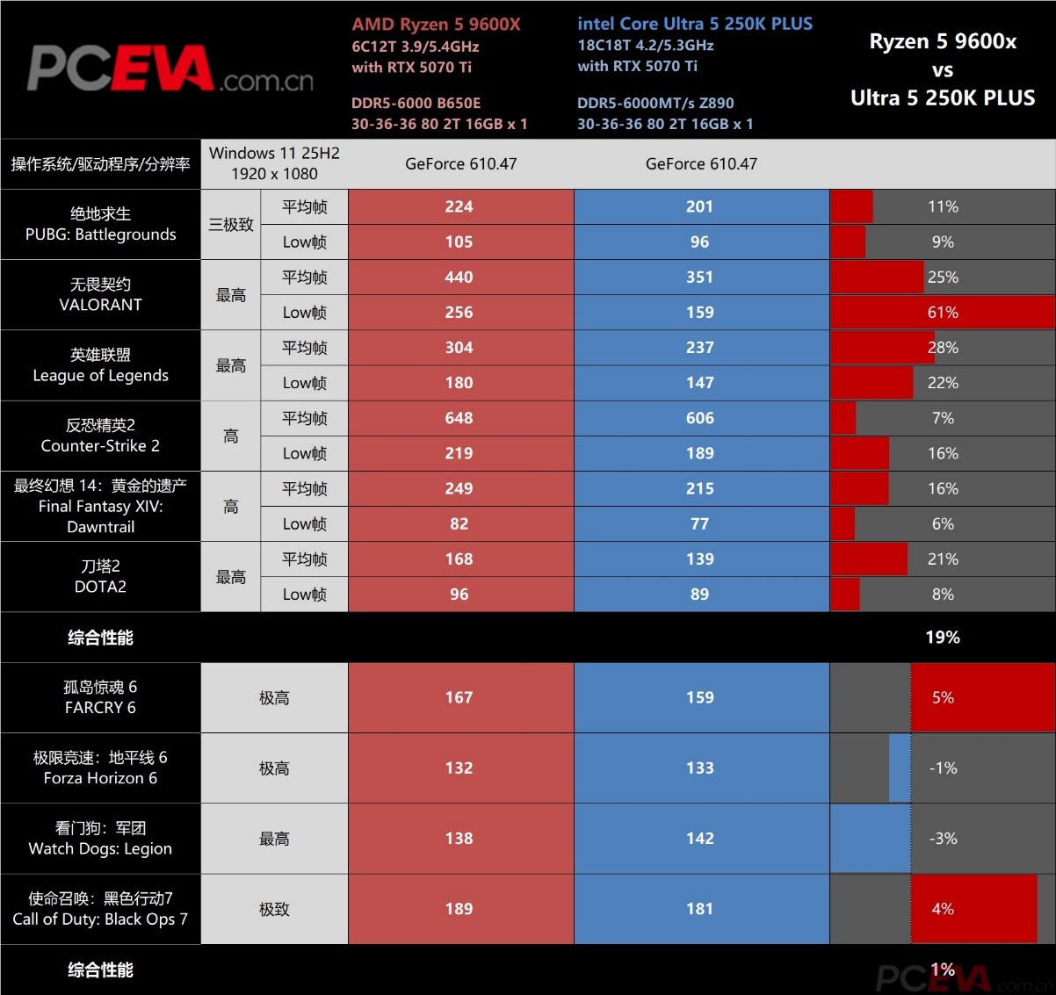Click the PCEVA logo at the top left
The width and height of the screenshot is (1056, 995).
click(x=170, y=69)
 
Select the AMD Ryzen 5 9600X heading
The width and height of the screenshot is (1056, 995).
click(x=436, y=25)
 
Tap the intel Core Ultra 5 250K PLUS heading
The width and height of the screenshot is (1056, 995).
click(x=695, y=24)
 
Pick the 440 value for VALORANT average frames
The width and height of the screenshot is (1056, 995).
click(x=459, y=277)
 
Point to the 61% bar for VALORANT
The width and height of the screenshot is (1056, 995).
click(x=944, y=312)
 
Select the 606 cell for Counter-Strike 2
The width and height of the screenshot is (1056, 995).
click(x=699, y=418)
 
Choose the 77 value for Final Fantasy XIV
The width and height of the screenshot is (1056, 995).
click(x=699, y=523)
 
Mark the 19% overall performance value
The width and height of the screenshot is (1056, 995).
click(x=943, y=637)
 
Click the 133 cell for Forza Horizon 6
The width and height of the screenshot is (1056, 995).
click(x=699, y=768)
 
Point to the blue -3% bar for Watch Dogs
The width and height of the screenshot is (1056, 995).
click(x=871, y=838)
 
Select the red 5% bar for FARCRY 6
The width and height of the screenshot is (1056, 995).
click(x=983, y=697)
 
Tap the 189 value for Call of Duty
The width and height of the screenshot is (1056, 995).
click(x=459, y=908)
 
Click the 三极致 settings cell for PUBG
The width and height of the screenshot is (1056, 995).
click(x=231, y=224)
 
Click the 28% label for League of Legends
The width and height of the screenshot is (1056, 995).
click(x=943, y=348)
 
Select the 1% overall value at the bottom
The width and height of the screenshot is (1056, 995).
click(x=943, y=970)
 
